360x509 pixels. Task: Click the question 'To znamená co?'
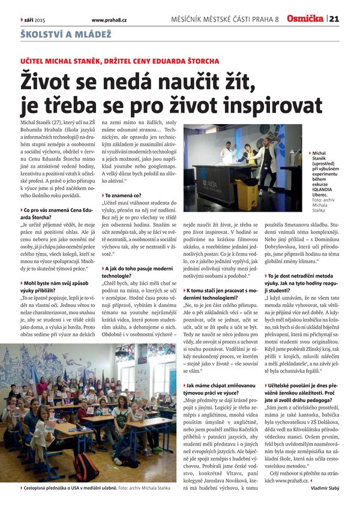coord(124,195)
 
